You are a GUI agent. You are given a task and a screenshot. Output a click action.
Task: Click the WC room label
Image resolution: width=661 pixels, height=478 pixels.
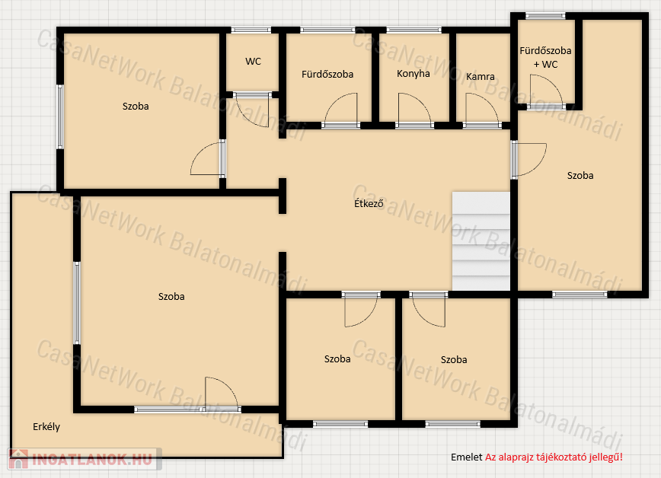[x=253, y=62]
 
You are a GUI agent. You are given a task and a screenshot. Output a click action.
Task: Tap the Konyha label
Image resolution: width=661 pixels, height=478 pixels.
[x=413, y=74]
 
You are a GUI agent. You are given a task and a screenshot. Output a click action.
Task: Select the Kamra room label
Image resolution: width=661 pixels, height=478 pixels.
[x=481, y=77]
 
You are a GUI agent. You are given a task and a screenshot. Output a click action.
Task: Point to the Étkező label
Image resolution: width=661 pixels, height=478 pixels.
[x=369, y=203]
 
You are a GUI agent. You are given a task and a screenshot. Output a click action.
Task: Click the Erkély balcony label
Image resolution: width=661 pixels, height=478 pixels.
[x=46, y=426]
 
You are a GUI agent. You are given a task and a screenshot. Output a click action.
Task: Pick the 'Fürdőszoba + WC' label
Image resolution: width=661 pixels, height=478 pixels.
[x=545, y=57]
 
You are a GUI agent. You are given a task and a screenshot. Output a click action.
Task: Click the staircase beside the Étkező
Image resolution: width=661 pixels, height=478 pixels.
[x=481, y=241]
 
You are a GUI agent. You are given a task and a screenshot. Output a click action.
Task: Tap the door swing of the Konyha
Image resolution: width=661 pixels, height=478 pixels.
[x=414, y=110]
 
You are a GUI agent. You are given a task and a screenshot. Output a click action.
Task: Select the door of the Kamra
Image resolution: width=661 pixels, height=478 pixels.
[x=482, y=110]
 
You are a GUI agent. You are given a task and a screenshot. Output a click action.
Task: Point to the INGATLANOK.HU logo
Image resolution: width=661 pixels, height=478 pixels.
[x=85, y=459]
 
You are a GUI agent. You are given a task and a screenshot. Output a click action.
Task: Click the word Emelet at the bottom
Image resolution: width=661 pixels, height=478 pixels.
[x=466, y=457]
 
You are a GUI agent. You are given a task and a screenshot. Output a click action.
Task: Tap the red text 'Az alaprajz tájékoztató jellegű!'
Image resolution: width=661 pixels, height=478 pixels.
[x=554, y=457]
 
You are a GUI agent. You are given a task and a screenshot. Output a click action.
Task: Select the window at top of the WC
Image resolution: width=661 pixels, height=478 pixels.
[x=251, y=30]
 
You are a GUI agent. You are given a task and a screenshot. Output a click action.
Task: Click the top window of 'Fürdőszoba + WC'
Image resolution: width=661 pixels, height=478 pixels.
[x=545, y=16]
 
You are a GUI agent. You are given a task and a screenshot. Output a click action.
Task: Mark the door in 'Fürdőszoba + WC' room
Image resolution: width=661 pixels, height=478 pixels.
[x=546, y=91]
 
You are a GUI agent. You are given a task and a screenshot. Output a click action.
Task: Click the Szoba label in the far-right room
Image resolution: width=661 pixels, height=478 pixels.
[x=580, y=175]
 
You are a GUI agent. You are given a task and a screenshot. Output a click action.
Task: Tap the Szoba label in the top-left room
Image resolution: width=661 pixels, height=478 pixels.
[x=136, y=107]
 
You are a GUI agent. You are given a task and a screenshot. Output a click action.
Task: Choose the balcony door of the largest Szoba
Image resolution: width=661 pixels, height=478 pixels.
[x=222, y=394]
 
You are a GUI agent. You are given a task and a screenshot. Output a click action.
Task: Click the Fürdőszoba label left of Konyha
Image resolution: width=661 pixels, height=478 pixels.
[x=327, y=74]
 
